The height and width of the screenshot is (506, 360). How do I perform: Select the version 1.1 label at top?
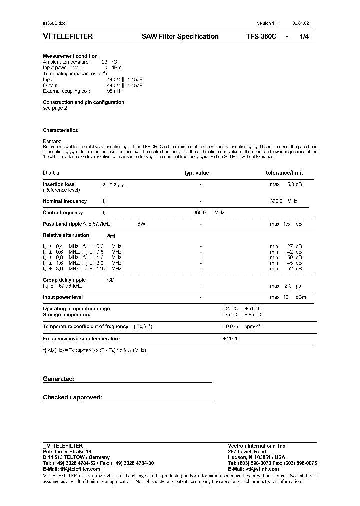tap(267, 23)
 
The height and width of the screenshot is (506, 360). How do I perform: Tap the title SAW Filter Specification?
tap(180, 36)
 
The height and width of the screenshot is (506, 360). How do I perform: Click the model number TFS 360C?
tap(261, 36)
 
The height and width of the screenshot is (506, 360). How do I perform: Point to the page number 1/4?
tap(304, 36)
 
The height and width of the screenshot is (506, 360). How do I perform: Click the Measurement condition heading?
tap(70, 56)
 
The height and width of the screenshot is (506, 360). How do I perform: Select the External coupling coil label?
tap(65, 91)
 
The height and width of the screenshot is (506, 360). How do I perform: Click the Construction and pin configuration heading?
tap(83, 102)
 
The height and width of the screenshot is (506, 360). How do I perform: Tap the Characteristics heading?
tap(60, 130)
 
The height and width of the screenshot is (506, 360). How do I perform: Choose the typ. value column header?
tap(197, 173)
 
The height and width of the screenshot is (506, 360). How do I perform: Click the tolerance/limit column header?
tap(284, 173)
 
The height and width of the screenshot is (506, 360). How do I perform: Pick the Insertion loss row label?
tap(59, 184)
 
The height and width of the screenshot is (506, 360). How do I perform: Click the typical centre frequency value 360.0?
tap(200, 212)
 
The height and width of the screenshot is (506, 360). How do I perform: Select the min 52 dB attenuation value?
tap(286, 269)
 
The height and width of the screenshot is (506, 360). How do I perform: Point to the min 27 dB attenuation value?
tap(286, 246)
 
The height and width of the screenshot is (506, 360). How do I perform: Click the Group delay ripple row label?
tap(64, 280)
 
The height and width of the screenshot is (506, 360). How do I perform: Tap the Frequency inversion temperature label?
tap(81, 338)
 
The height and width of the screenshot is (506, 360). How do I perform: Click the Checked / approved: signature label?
tap(72, 397)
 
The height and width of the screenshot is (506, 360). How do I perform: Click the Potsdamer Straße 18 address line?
tap(64, 451)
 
